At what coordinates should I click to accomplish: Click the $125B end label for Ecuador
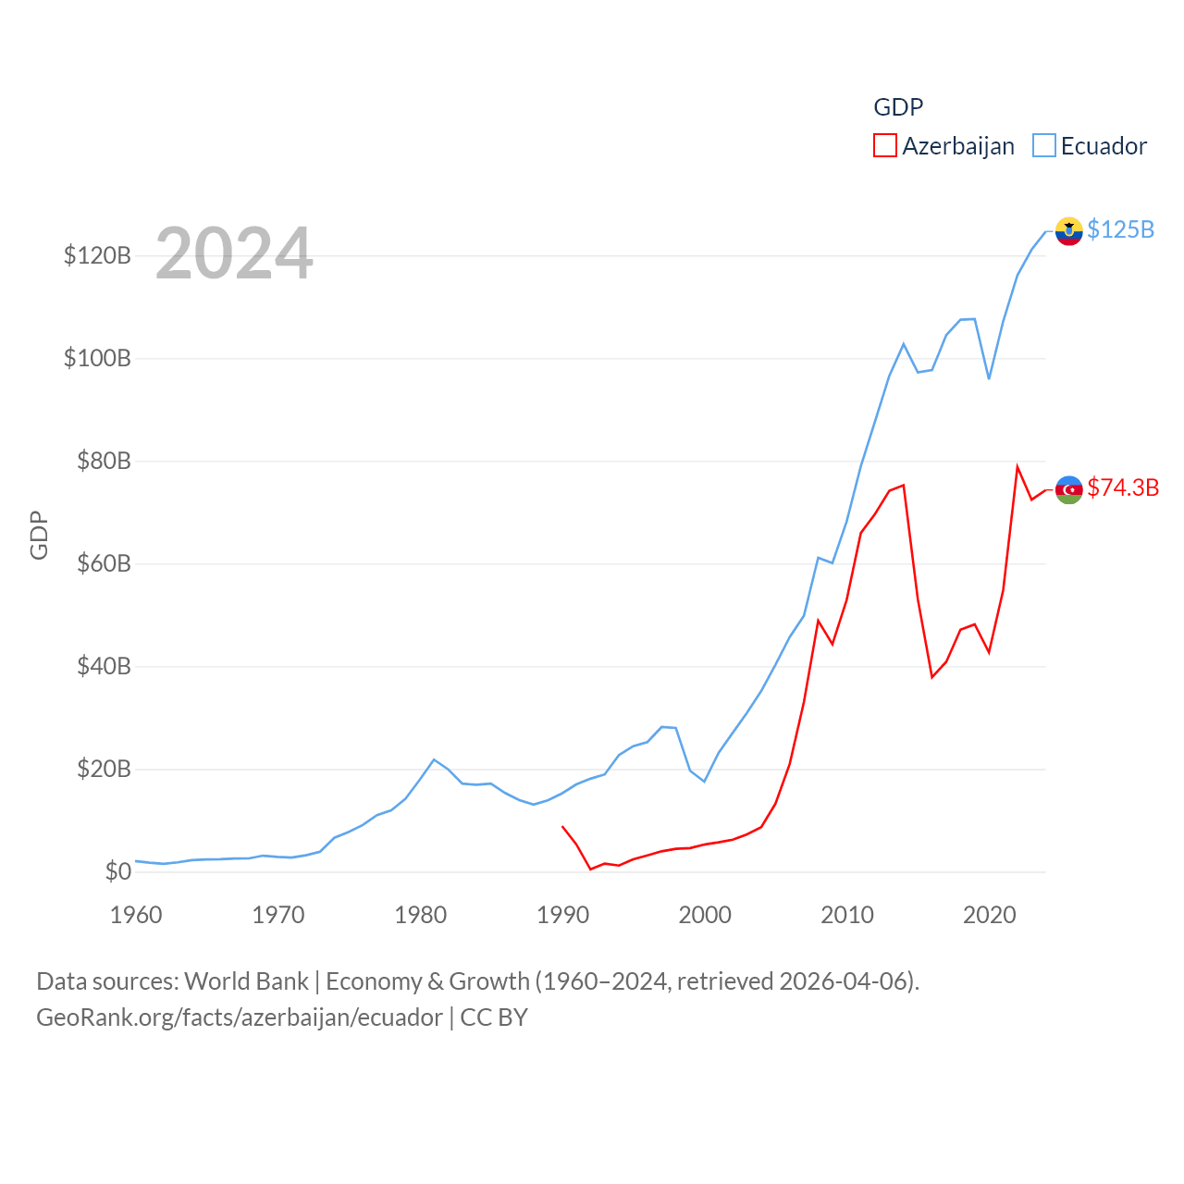point(1120,229)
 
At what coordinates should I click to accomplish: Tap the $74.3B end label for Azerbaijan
point(1123,487)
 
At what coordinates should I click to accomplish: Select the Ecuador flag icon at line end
point(1068,231)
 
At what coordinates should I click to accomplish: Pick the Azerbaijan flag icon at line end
point(1068,489)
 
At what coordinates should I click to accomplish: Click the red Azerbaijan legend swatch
point(885,146)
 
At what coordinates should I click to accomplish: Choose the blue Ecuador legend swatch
point(1044,146)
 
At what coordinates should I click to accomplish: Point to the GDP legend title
point(898,107)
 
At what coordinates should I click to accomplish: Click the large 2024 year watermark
point(234,253)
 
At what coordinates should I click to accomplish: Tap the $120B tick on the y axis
point(97,255)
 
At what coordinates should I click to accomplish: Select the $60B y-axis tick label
point(104,563)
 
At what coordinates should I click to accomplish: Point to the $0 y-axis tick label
point(117,871)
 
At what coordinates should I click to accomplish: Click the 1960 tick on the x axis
point(136,915)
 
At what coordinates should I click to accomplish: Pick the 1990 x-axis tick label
point(562,915)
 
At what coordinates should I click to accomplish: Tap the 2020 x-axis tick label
point(989,915)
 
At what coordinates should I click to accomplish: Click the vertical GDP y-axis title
point(39,535)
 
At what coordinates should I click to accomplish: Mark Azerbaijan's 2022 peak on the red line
point(1017,466)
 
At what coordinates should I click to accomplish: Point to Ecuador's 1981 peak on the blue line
point(434,759)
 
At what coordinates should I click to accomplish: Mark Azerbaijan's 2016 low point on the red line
point(932,677)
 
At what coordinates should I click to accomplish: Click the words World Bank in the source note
point(246,980)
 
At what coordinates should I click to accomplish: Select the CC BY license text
point(494,1017)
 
